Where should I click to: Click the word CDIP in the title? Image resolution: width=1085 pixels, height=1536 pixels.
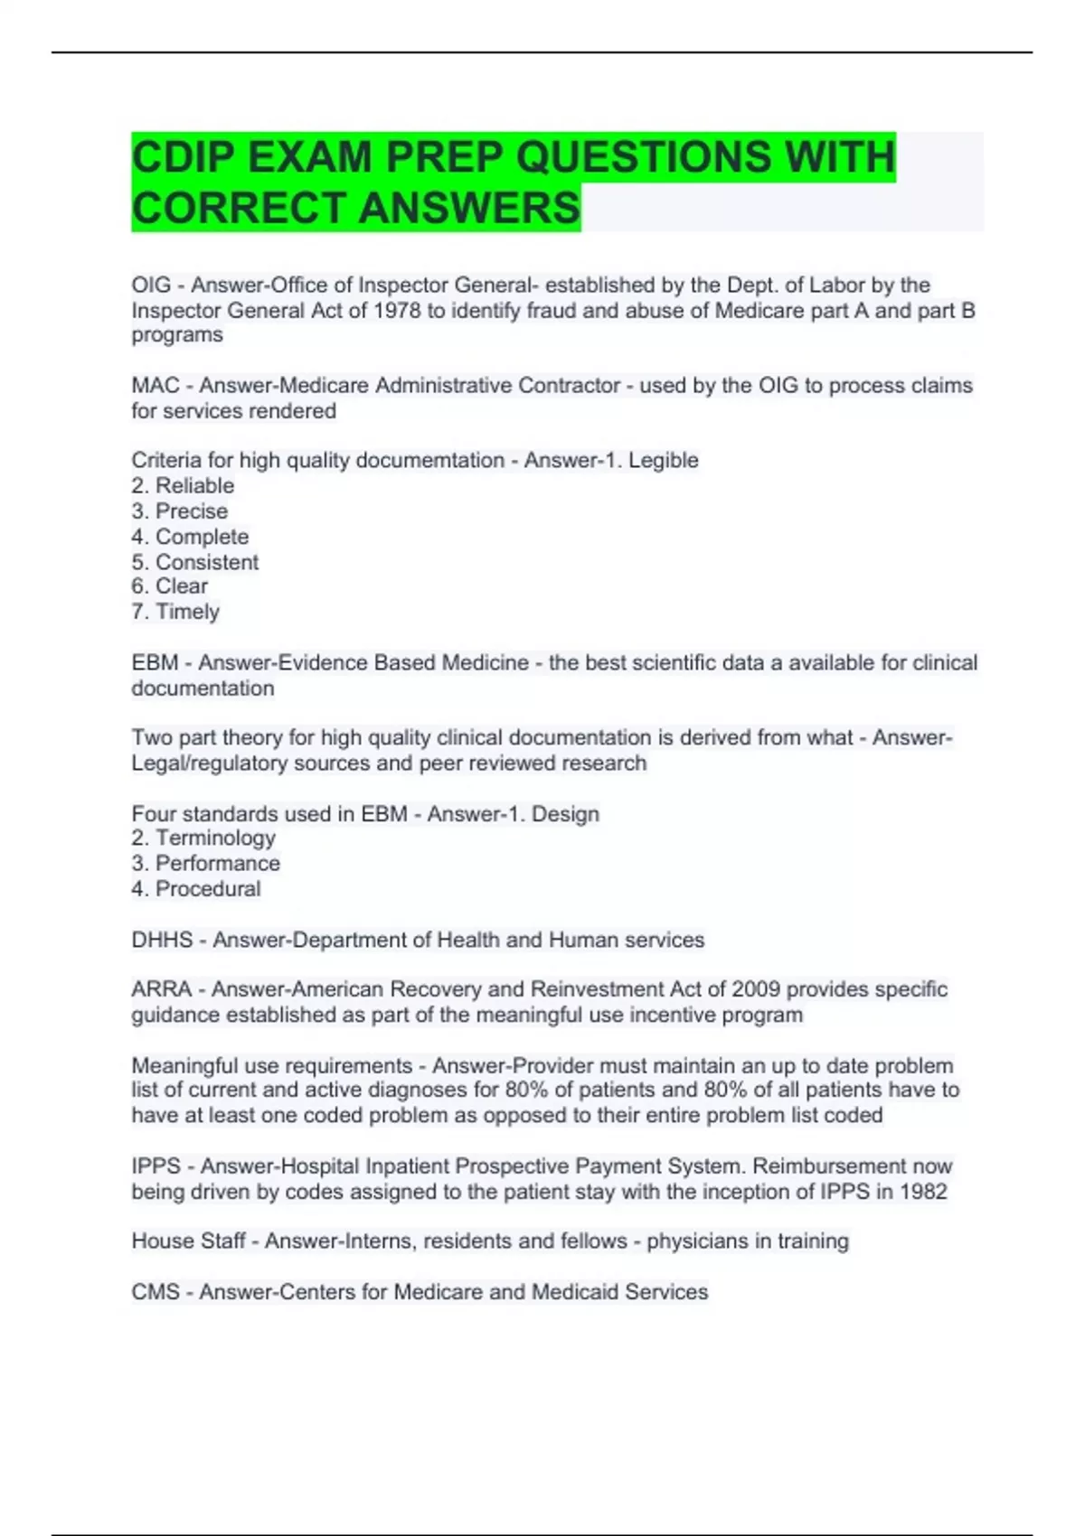pyautogui.click(x=184, y=157)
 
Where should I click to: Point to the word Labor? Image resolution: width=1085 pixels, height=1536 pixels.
pyautogui.click(x=838, y=286)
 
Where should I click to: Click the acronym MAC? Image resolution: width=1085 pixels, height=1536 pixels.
pyautogui.click(x=156, y=386)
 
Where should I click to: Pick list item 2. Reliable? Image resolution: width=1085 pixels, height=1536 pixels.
pyautogui.click(x=183, y=486)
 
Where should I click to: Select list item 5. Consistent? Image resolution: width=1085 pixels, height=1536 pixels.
pyautogui.click(x=194, y=562)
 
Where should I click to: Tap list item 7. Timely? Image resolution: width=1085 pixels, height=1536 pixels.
pyautogui.click(x=175, y=612)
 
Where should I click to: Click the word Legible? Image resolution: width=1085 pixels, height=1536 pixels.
pyautogui.click(x=664, y=461)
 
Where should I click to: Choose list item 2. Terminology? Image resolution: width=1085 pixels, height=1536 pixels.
pyautogui.click(x=203, y=838)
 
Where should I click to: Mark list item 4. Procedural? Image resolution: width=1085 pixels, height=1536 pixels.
pyautogui.click(x=196, y=889)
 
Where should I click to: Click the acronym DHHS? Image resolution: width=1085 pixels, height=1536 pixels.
pyautogui.click(x=162, y=941)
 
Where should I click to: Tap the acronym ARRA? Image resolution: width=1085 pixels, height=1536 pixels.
pyautogui.click(x=161, y=989)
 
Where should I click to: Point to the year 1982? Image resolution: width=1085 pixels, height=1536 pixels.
pyautogui.click(x=923, y=1192)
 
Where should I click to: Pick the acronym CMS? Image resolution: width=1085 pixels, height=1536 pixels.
pyautogui.click(x=156, y=1292)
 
